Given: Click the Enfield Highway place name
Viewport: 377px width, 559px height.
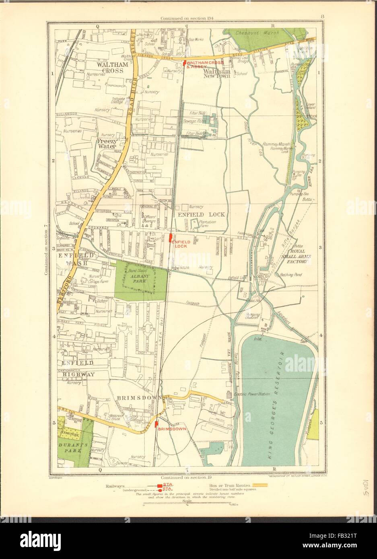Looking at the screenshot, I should click(x=78, y=368).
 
